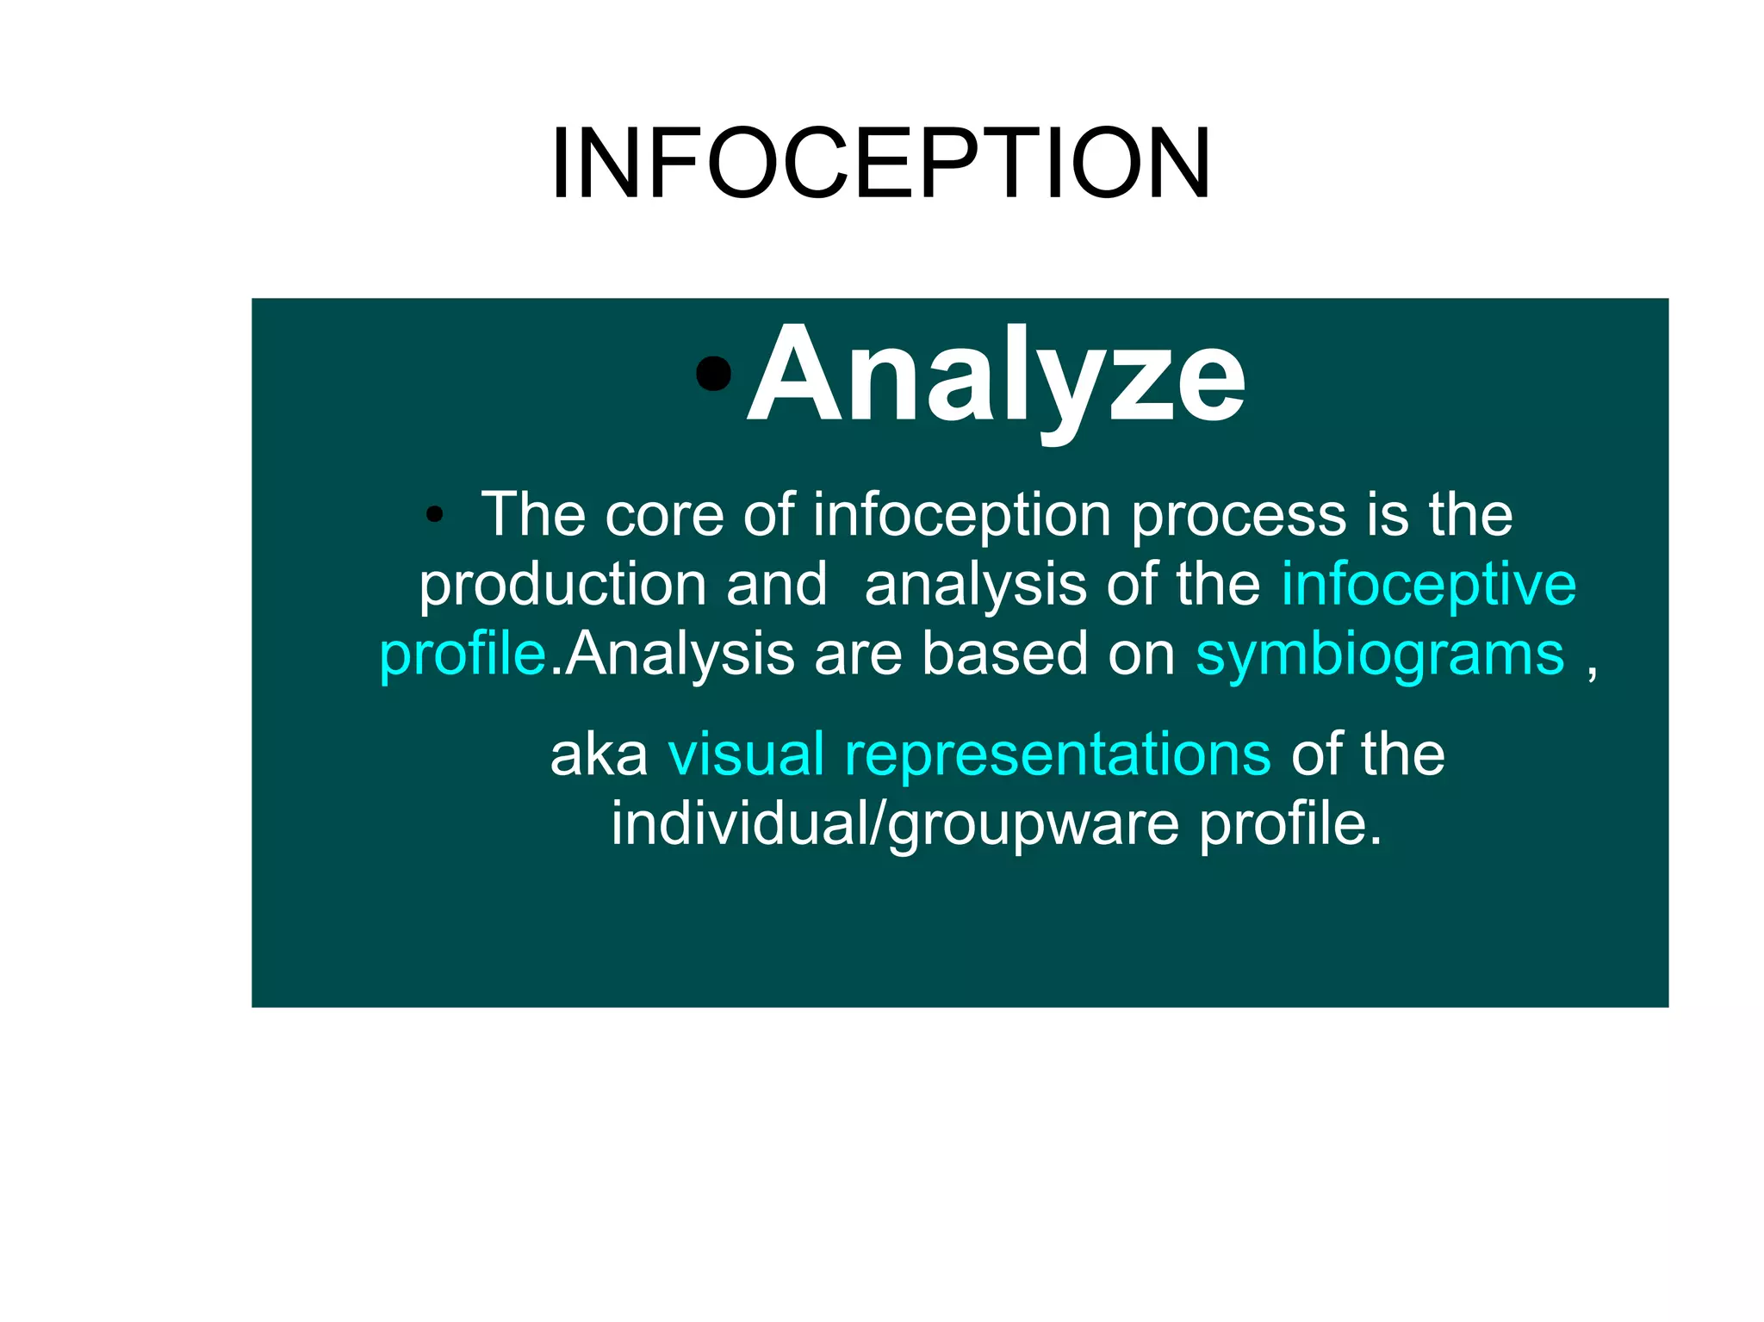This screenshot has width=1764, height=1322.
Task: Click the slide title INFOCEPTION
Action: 880,164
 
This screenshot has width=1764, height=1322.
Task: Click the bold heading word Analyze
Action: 997,375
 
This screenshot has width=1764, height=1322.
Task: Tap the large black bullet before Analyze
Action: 713,373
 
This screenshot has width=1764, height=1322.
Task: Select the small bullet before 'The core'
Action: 434,515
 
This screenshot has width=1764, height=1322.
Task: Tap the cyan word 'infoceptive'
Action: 1428,586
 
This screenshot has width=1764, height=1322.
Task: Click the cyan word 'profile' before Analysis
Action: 463,655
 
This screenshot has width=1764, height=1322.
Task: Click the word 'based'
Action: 1005,655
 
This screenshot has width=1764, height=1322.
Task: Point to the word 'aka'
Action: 599,755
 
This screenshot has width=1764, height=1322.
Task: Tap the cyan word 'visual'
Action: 746,755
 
